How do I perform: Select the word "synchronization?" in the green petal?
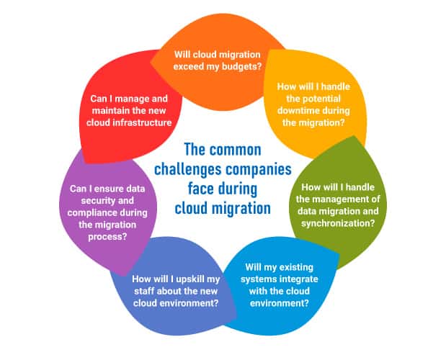338,223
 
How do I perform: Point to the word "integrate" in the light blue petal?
299,279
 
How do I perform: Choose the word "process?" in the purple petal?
107,237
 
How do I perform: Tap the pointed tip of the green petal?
354,136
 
